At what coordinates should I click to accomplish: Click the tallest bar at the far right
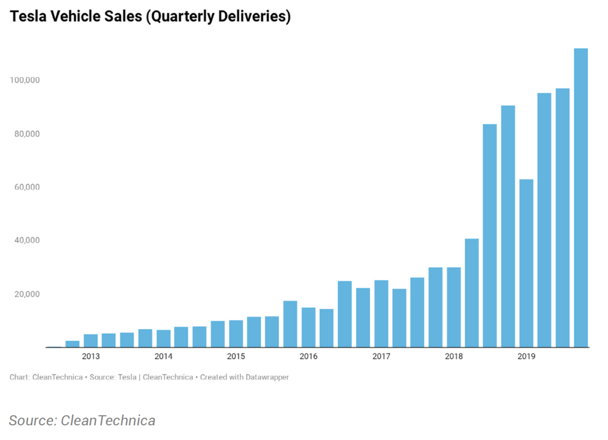[x=580, y=197]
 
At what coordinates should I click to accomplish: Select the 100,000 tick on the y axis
[x=25, y=80]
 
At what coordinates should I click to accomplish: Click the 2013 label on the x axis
[x=91, y=357]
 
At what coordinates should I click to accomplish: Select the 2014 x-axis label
[x=163, y=357]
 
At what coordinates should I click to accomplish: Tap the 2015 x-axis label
[x=236, y=357]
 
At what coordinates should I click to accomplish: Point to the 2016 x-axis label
[x=309, y=357]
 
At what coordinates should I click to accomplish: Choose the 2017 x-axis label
[x=381, y=357]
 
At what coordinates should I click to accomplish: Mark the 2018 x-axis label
[x=454, y=357]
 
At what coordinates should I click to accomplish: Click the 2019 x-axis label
[x=526, y=357]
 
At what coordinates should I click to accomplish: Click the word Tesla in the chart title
[x=26, y=17]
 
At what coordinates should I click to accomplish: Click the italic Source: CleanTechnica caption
[x=82, y=420]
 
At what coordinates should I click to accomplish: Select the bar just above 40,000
[x=472, y=293]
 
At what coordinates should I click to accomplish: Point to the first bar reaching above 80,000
[x=490, y=235]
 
